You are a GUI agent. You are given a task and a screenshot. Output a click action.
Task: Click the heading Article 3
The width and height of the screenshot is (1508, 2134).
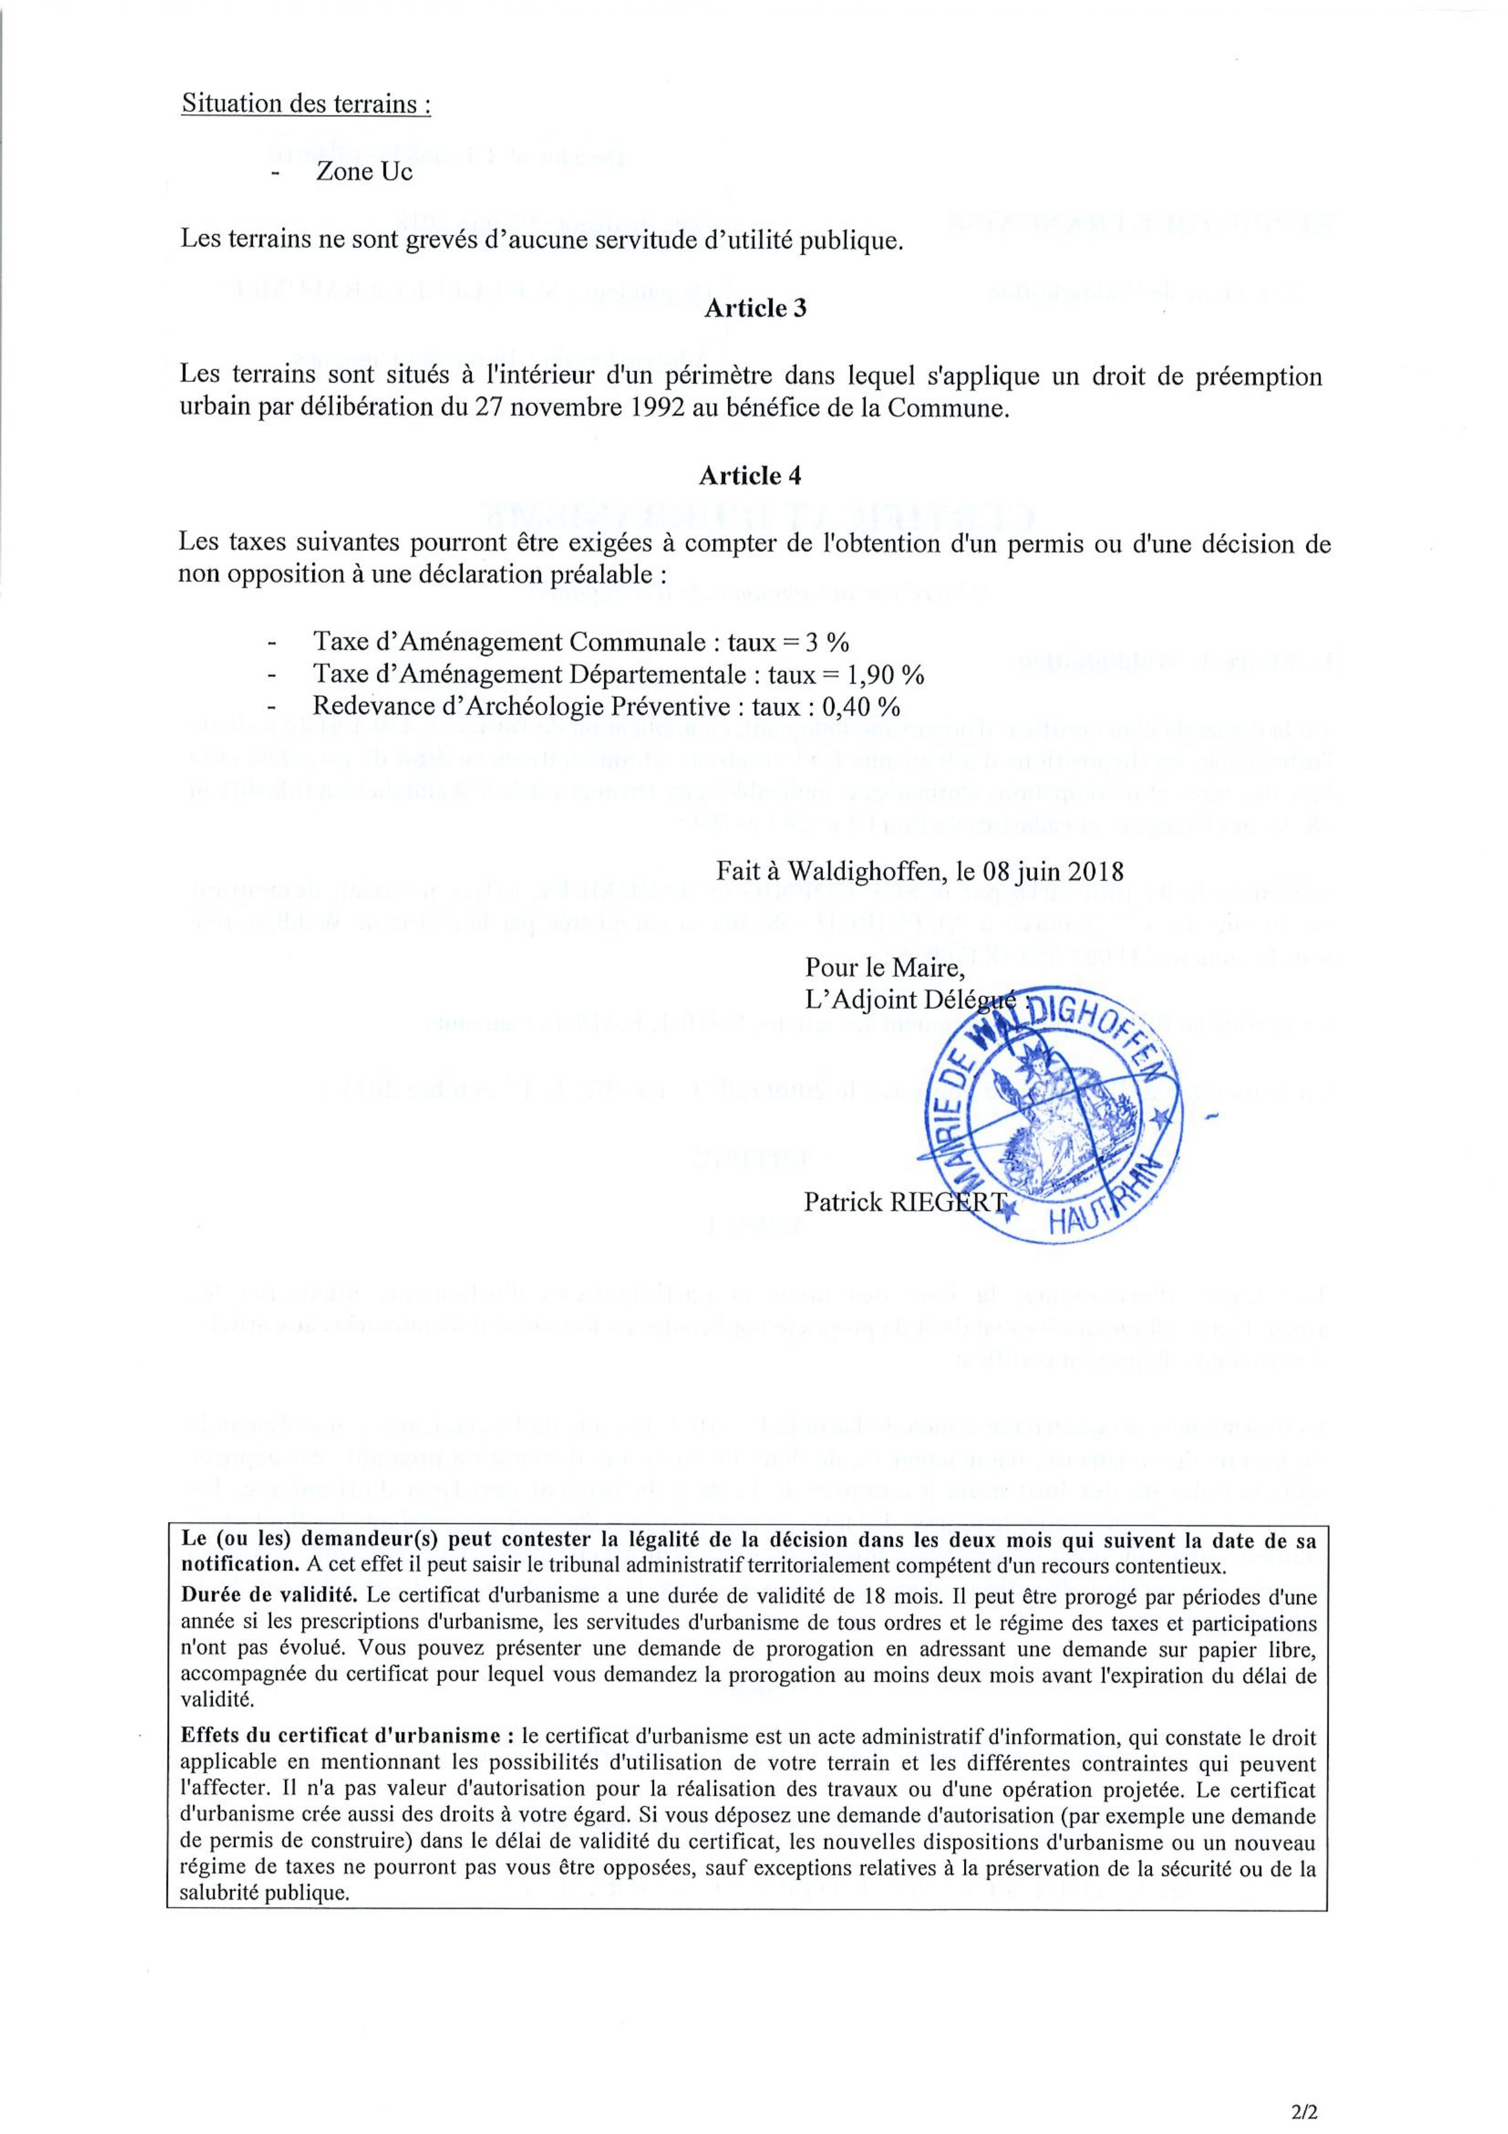754,310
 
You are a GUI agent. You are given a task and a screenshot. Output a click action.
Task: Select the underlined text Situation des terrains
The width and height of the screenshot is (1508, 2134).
306,104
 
